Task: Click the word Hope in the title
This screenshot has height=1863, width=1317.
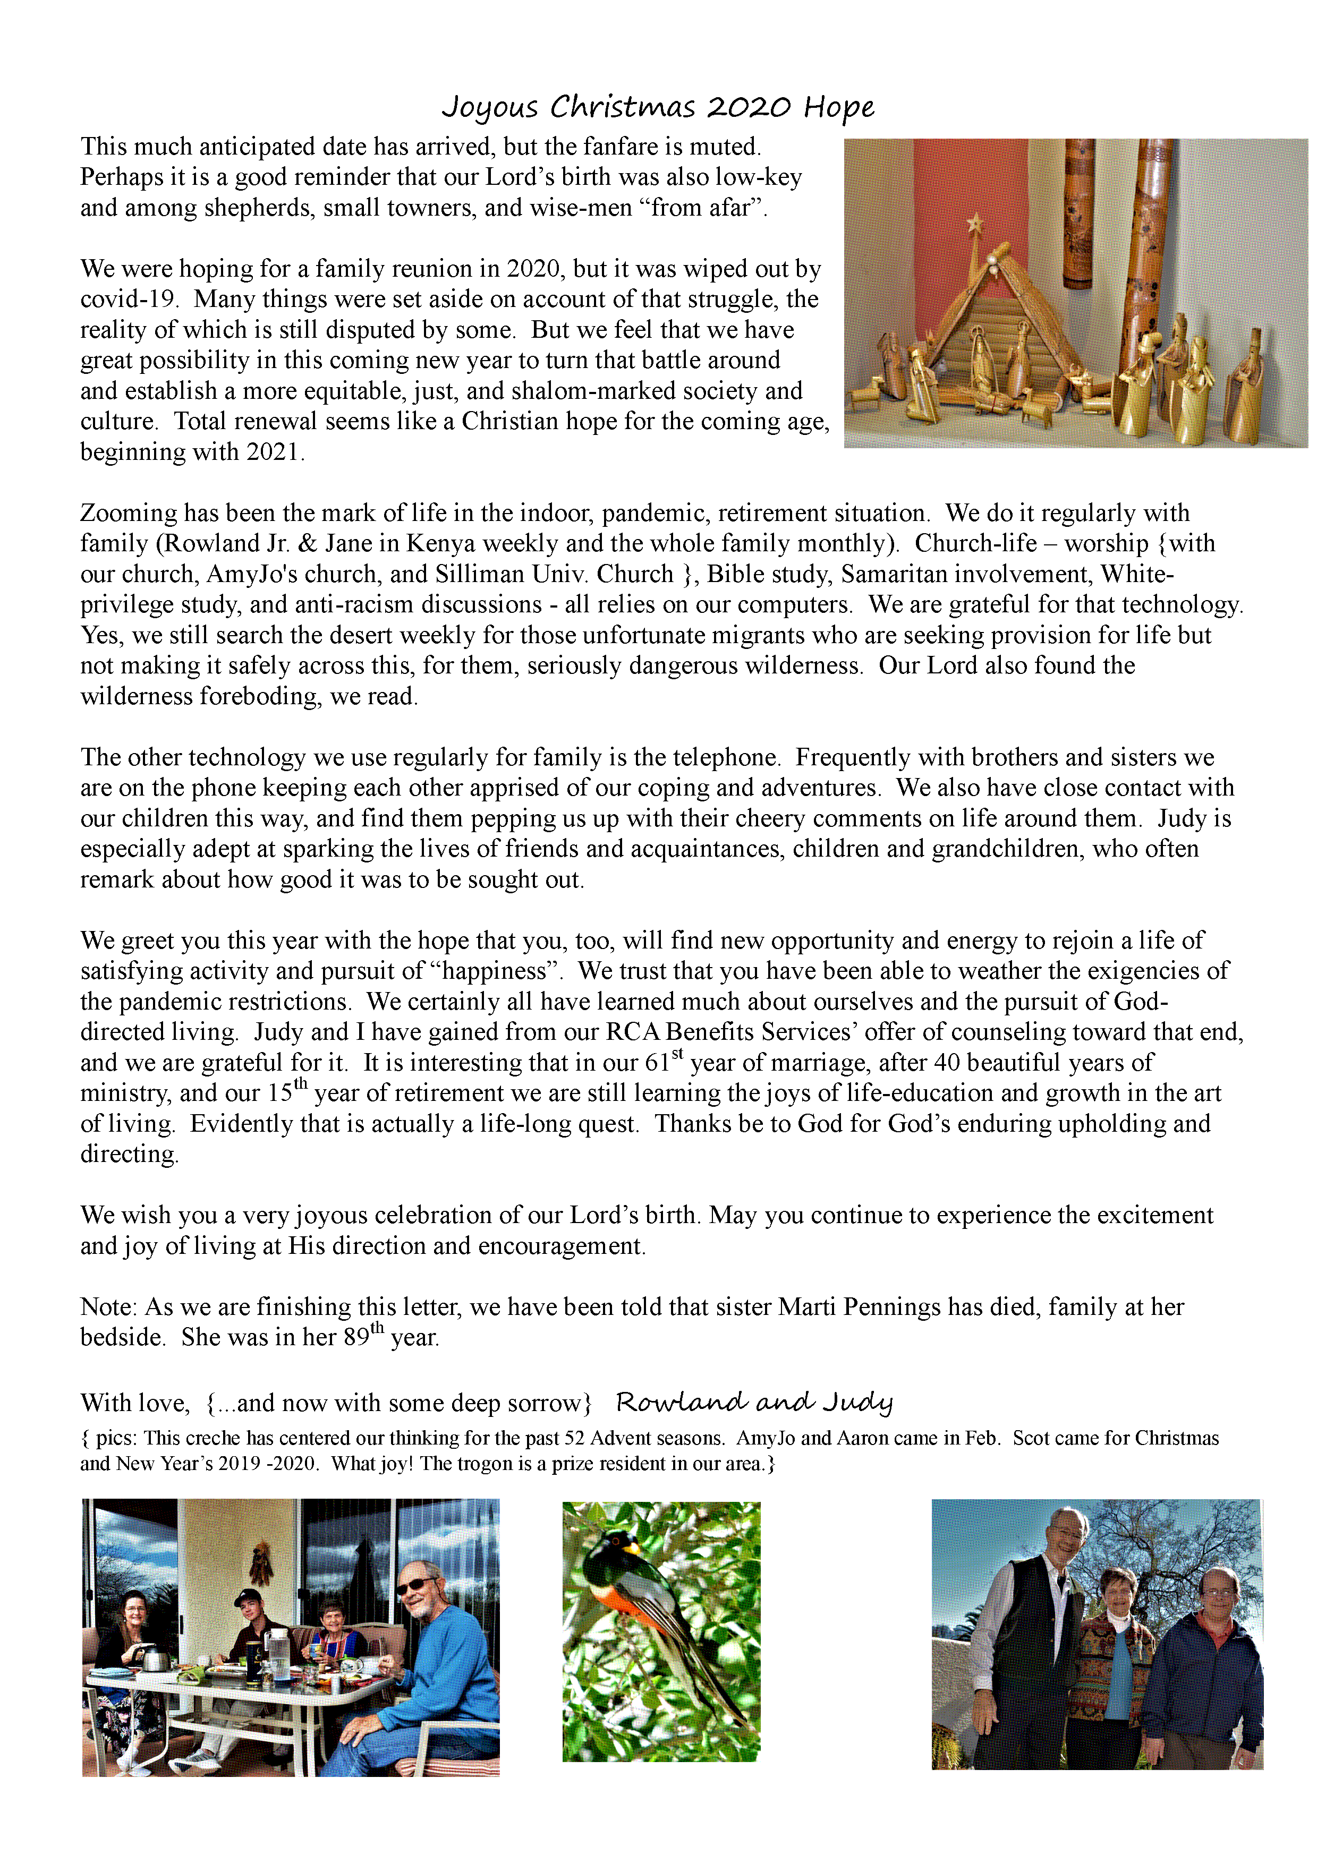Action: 838,107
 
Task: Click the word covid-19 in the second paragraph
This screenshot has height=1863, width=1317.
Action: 128,300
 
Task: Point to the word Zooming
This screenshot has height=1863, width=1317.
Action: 128,514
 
